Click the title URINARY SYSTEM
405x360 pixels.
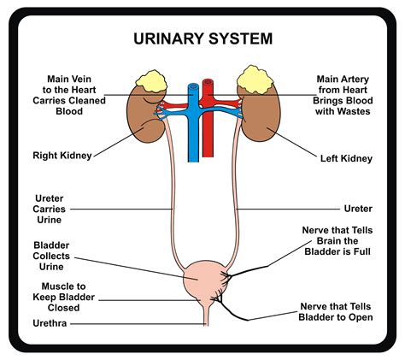coord(202,38)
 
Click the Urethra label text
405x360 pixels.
coord(50,324)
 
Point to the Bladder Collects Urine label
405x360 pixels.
coord(53,256)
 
